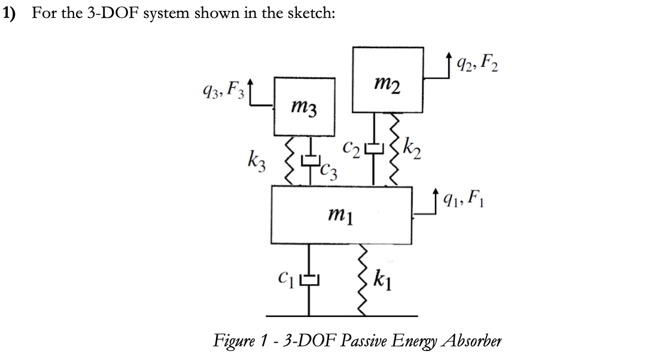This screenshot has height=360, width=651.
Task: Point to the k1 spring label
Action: pos(383,279)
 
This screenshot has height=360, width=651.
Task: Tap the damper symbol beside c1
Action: pos(309,279)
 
